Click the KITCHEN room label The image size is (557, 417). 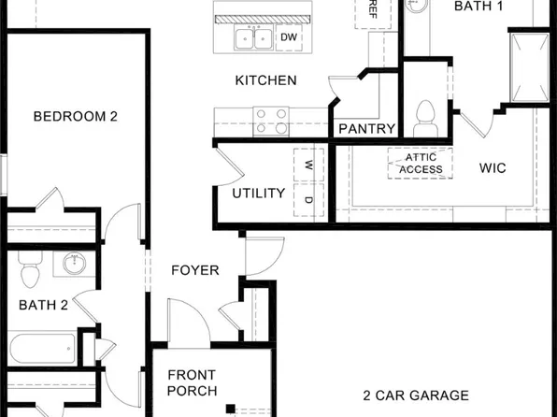click(265, 80)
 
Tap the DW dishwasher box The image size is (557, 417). click(288, 38)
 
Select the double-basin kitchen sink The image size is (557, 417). click(253, 38)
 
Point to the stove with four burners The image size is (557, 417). click(272, 122)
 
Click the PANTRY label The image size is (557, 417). click(366, 129)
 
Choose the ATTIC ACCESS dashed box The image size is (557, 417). click(421, 164)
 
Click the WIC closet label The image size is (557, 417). click(493, 168)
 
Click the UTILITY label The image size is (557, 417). click(259, 194)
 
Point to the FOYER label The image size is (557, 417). click(194, 271)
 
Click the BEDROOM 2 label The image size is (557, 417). click(75, 117)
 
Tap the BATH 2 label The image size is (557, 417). click(44, 304)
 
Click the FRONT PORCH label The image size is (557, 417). click(193, 382)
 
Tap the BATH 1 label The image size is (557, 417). click(478, 7)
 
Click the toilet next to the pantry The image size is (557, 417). click(426, 116)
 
